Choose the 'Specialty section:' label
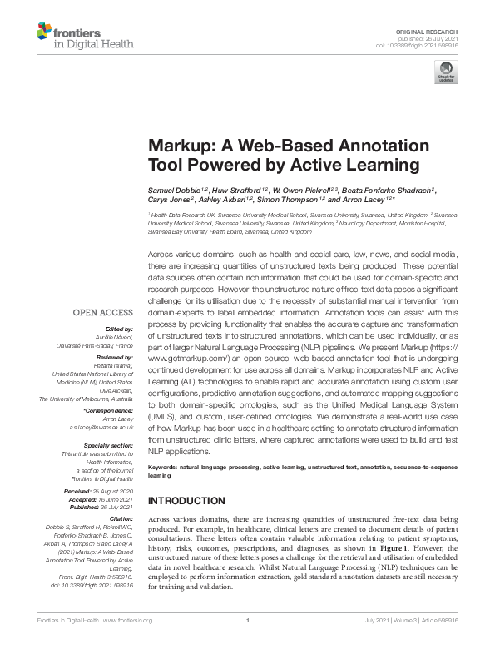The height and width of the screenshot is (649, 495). click(x=108, y=446)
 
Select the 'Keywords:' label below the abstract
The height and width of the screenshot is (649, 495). click(x=162, y=468)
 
